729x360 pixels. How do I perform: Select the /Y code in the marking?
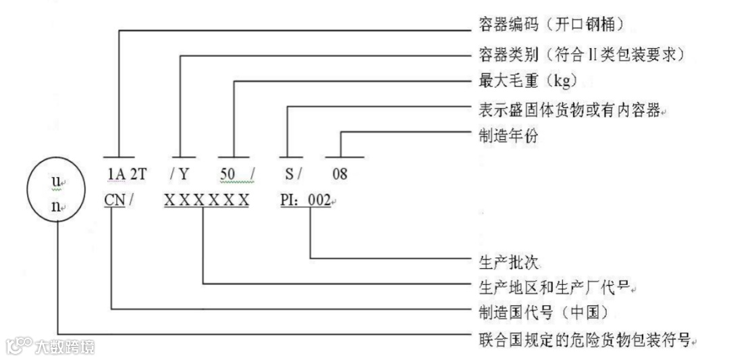[179, 174]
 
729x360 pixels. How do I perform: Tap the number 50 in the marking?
[227, 174]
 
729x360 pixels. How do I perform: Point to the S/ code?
[292, 174]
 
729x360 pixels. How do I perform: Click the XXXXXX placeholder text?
[207, 201]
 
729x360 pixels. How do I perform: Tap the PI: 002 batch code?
[305, 201]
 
